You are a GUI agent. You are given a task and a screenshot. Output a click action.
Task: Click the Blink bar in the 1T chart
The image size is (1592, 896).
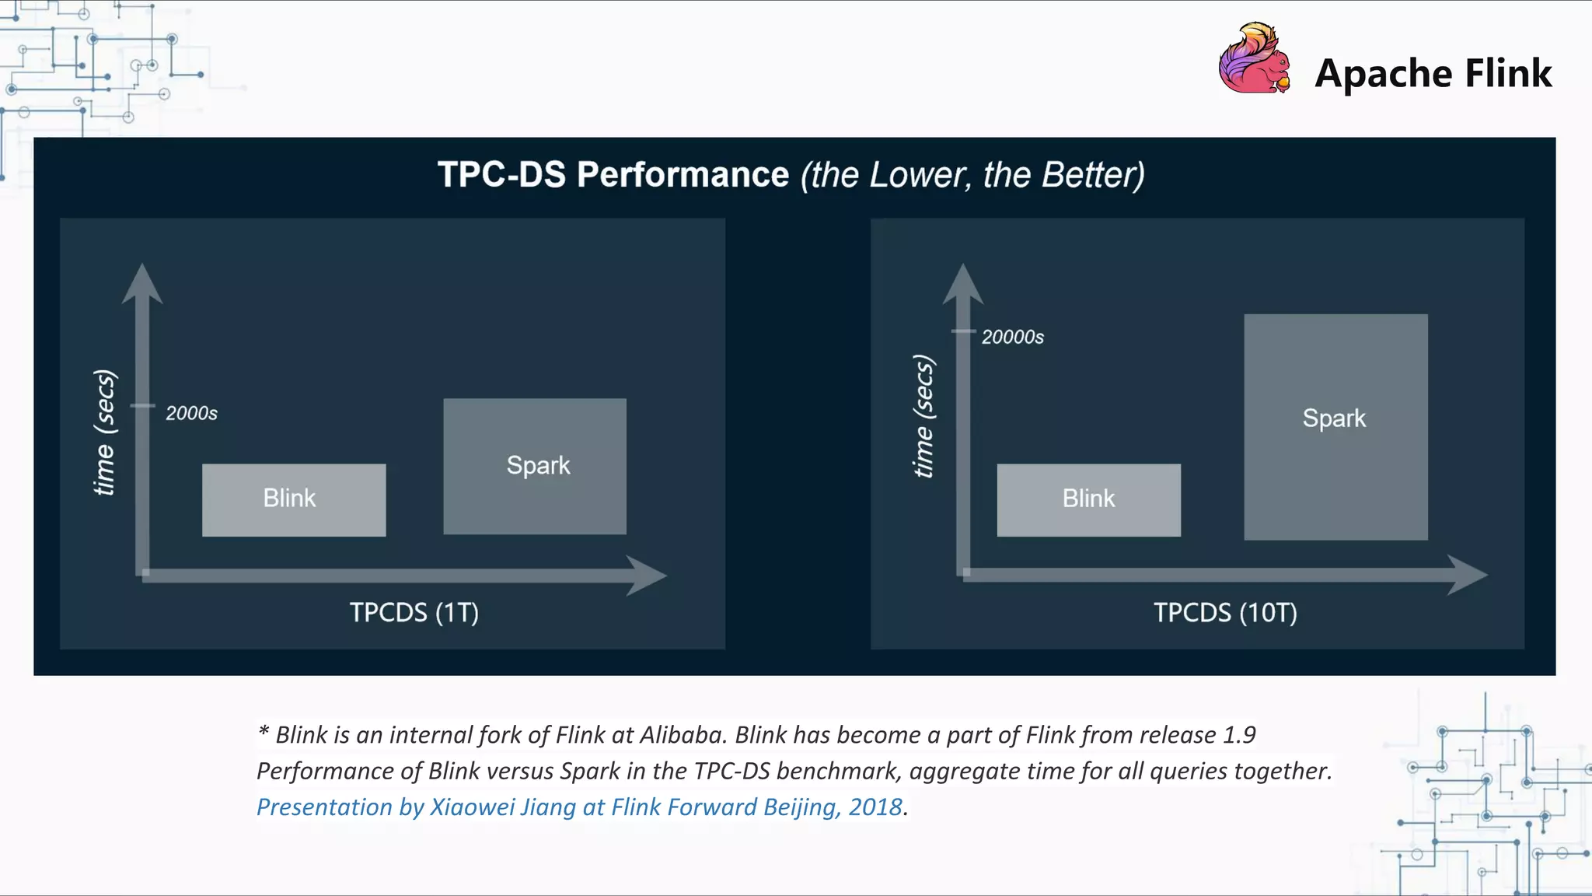(x=294, y=499)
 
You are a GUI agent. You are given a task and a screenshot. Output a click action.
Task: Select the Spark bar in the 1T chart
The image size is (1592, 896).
(x=535, y=466)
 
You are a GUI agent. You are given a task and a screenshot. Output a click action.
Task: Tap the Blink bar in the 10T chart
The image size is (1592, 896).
(x=1088, y=499)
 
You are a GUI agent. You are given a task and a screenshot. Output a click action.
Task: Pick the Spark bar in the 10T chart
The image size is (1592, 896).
(x=1335, y=426)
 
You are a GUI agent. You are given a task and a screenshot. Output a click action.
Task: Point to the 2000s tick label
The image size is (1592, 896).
(x=191, y=413)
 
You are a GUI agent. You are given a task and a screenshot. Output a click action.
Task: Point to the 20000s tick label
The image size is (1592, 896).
(x=1012, y=337)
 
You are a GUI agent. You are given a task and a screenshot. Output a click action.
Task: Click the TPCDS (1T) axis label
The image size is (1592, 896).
(x=414, y=613)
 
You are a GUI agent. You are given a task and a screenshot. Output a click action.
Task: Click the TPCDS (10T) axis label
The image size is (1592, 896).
(x=1225, y=613)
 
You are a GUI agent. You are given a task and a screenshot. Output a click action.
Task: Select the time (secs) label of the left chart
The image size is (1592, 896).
(x=104, y=432)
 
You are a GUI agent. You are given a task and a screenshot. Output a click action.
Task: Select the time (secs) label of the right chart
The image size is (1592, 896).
(x=923, y=416)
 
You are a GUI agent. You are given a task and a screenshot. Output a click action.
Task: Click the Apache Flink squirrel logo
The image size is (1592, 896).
(x=1254, y=59)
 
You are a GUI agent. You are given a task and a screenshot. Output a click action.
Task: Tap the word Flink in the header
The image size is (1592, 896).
(x=1508, y=74)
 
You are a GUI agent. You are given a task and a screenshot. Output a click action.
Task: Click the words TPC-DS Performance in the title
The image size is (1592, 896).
(x=613, y=174)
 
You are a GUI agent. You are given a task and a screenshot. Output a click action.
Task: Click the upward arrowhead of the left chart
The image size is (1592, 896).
(x=142, y=283)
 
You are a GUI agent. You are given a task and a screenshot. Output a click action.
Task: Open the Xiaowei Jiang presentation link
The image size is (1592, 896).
(x=579, y=807)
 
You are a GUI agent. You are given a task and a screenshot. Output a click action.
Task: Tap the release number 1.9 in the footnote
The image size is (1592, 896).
(x=1239, y=735)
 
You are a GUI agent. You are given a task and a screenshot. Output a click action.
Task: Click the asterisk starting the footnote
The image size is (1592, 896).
(x=264, y=731)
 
